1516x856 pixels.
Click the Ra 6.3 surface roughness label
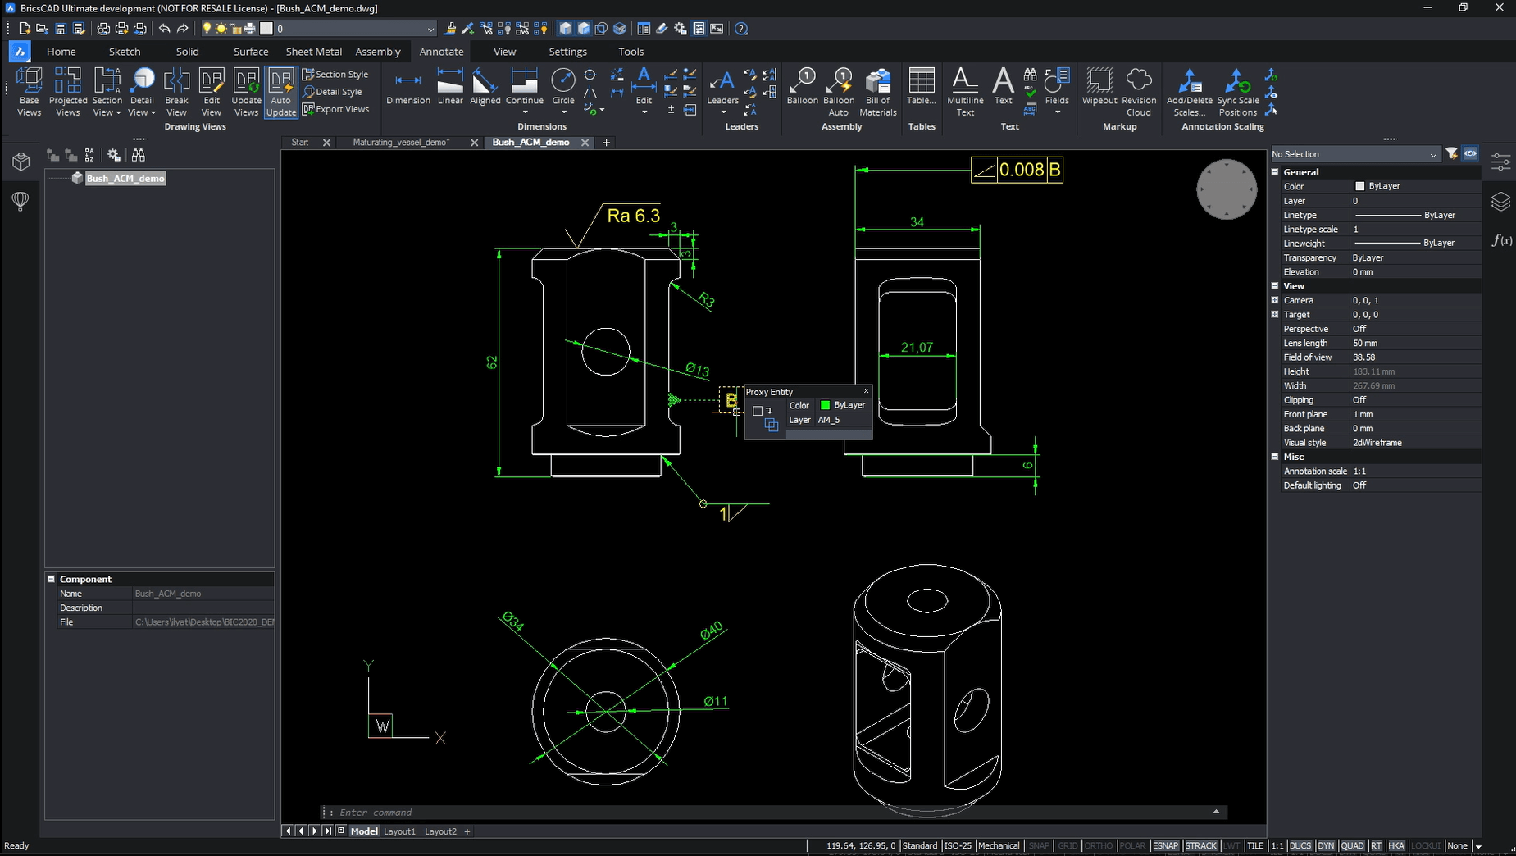click(633, 216)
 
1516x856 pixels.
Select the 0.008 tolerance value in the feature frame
click(1021, 170)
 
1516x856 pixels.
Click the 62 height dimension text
click(492, 362)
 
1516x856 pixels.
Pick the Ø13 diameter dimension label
click(697, 370)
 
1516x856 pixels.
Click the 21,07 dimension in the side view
click(917, 347)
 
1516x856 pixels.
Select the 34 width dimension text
click(917, 222)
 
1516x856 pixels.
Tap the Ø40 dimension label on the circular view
click(712, 631)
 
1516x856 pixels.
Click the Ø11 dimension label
click(715, 701)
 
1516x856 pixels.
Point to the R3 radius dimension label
click(706, 300)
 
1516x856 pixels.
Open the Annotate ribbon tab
click(441, 51)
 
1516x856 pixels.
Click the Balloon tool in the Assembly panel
click(802, 87)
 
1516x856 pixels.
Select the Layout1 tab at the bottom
click(399, 831)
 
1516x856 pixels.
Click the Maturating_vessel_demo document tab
click(400, 142)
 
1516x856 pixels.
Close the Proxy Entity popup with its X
click(866, 391)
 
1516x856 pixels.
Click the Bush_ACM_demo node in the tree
click(125, 178)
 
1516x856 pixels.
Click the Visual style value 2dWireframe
click(1377, 443)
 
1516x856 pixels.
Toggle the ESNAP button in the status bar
click(1164, 845)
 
